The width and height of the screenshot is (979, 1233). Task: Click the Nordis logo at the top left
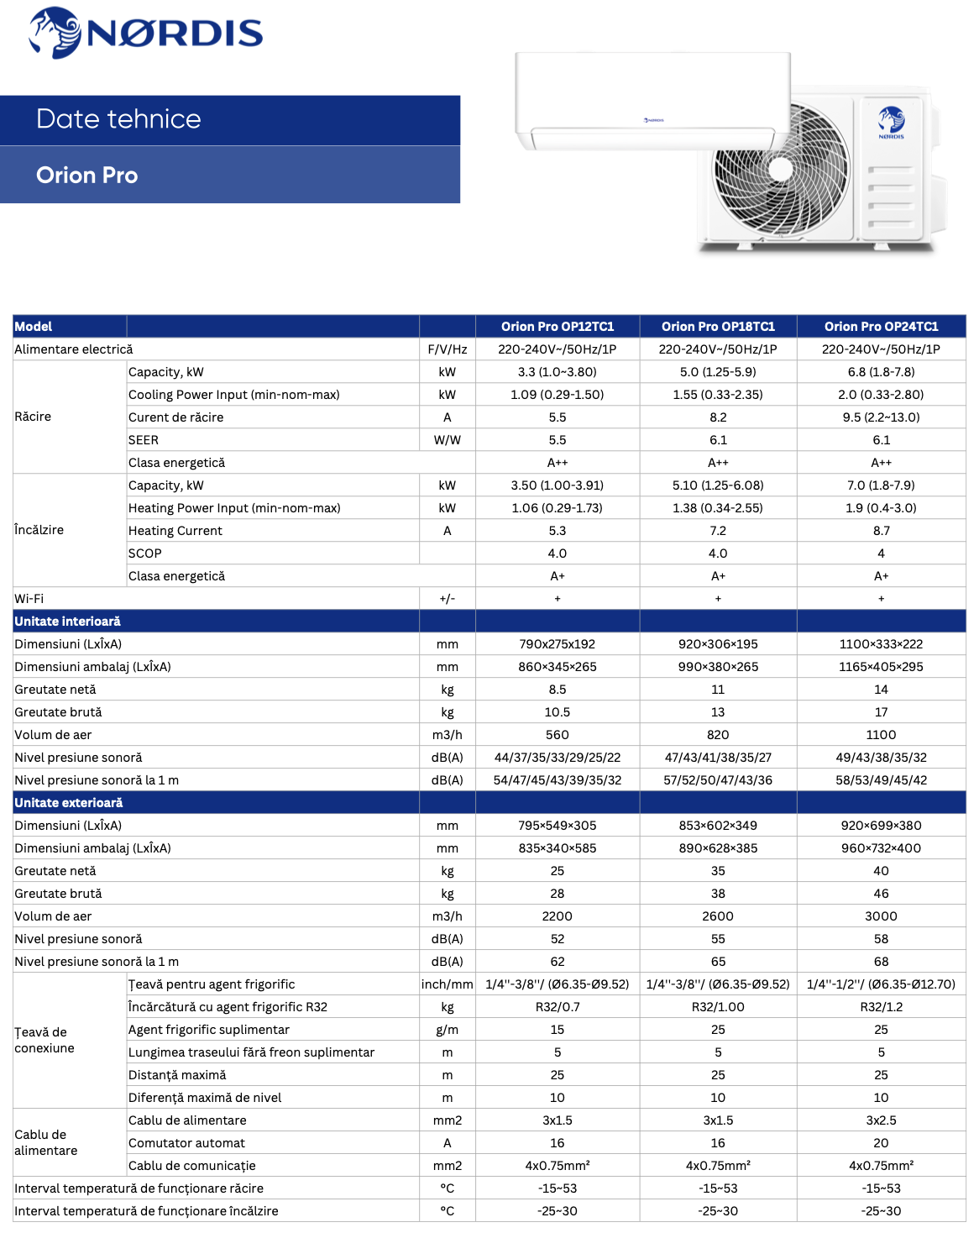point(145,33)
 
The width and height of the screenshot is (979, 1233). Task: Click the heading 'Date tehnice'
point(118,119)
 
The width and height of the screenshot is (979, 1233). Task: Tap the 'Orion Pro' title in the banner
point(86,175)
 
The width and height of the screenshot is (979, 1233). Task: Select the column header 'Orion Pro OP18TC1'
point(718,327)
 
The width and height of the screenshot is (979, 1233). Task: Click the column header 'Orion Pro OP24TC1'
point(881,327)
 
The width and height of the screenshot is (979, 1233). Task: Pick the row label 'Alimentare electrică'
point(74,349)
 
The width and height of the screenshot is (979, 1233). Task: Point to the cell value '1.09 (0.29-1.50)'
point(558,395)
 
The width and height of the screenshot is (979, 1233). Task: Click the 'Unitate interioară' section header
point(68,622)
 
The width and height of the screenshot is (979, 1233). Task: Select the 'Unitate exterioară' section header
point(69,803)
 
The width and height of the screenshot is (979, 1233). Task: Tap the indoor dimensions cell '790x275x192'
point(558,644)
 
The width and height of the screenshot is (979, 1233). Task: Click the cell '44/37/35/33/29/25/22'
point(558,758)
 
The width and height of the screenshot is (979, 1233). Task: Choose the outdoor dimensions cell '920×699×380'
point(881,826)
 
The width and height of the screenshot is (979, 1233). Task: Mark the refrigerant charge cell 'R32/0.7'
point(558,1007)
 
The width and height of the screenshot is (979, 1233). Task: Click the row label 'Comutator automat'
point(186,1143)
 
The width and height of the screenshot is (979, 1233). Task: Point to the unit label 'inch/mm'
point(448,984)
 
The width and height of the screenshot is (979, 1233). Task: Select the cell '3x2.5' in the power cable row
point(881,1120)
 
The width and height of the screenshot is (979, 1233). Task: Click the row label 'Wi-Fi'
point(29,599)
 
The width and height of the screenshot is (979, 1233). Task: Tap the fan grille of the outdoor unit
point(781,169)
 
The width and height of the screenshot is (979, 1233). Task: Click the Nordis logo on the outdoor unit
point(892,123)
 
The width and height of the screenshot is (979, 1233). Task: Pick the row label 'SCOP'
point(145,554)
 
